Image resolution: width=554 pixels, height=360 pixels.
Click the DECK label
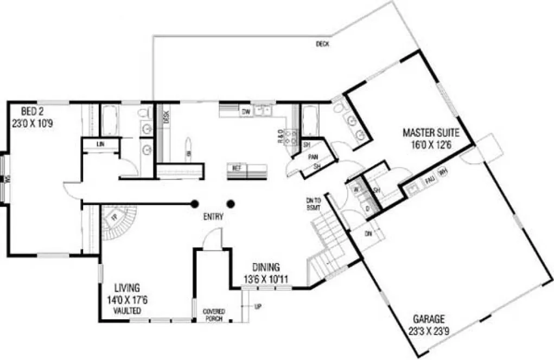[x=323, y=44]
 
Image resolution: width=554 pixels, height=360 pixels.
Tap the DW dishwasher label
[x=245, y=112]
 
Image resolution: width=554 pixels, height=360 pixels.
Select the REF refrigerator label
[x=236, y=168]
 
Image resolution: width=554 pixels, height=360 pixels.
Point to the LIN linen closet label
[x=100, y=144]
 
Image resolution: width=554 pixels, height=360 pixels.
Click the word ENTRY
[x=213, y=217]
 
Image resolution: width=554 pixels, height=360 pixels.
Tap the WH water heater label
[x=443, y=173]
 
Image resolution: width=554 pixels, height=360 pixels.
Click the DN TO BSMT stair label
[x=314, y=203]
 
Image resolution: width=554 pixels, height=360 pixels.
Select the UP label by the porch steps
[x=258, y=307]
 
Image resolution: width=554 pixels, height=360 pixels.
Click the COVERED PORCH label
[x=214, y=315]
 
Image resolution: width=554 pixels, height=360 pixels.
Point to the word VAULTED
[x=128, y=311]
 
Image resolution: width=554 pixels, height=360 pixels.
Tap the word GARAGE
[x=429, y=318]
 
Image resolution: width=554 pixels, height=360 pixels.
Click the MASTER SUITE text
[x=431, y=132]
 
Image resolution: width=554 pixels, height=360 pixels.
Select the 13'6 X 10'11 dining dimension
[x=266, y=280]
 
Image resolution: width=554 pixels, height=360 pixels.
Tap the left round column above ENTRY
[x=194, y=204]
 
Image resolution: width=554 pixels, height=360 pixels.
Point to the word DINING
[x=266, y=267]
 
